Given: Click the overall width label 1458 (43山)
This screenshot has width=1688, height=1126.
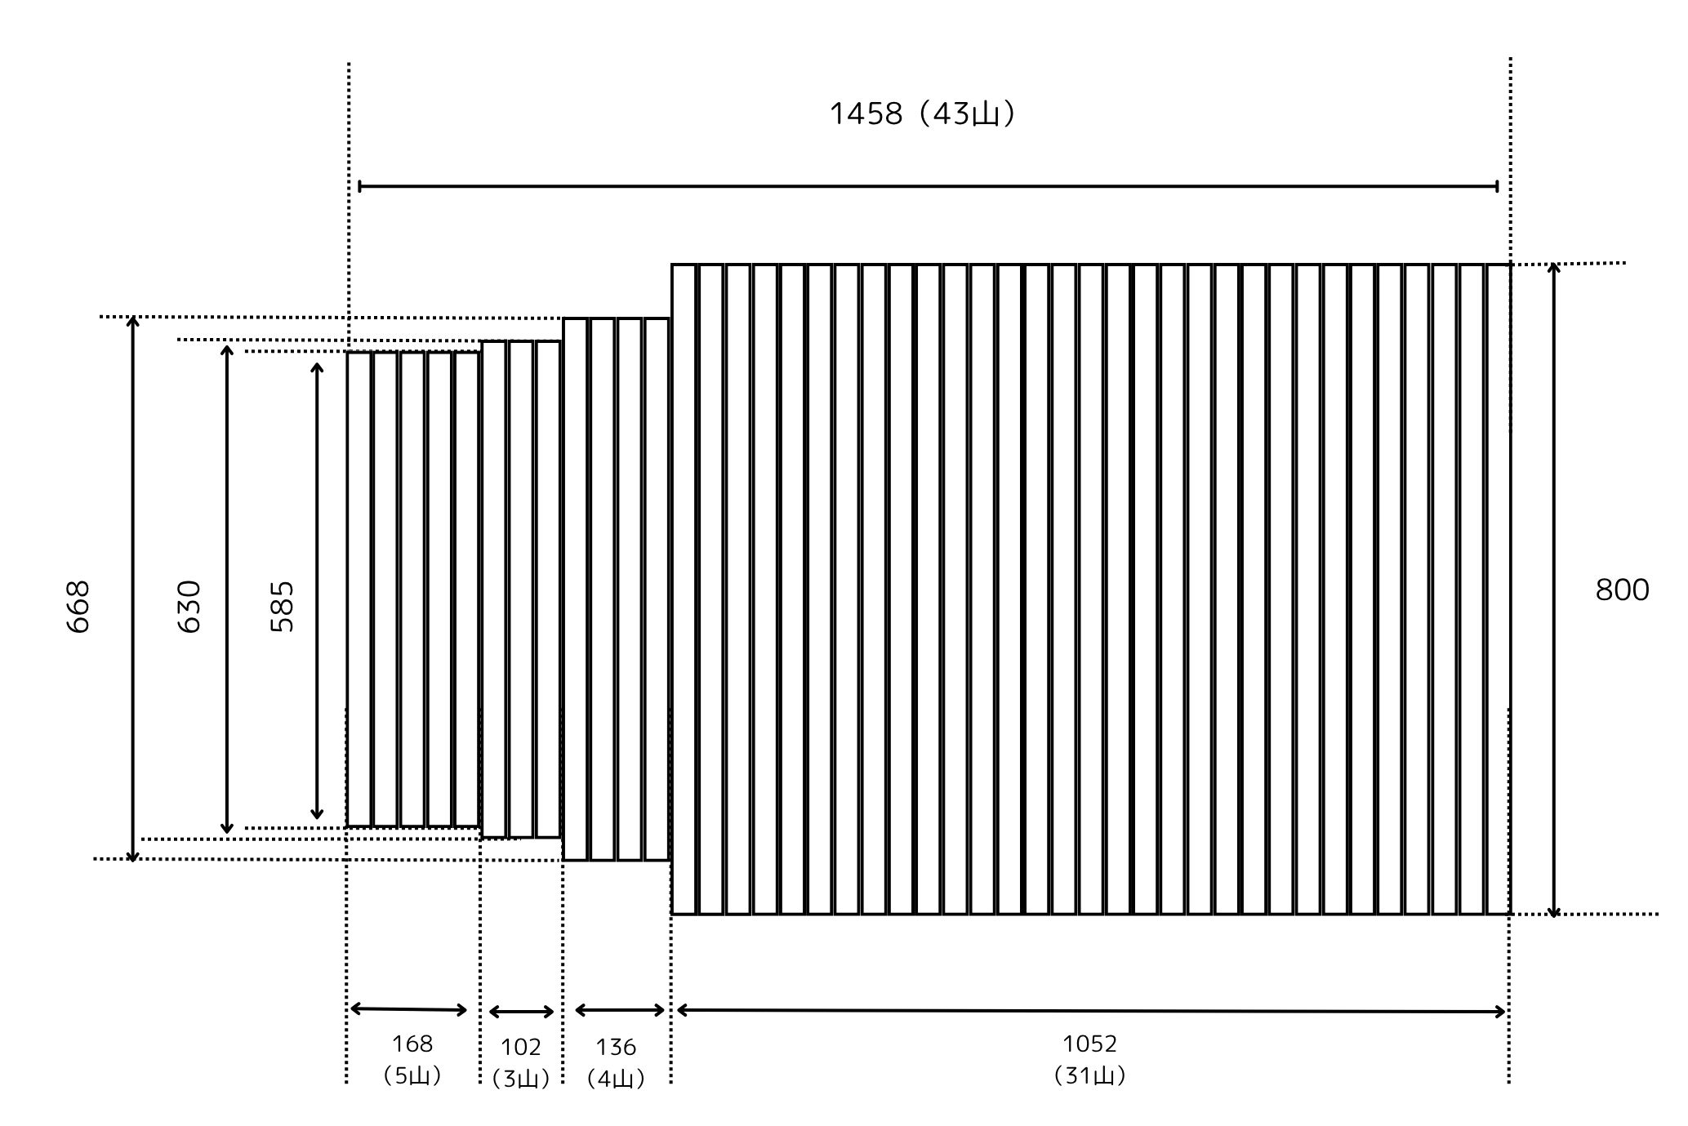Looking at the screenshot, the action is [922, 113].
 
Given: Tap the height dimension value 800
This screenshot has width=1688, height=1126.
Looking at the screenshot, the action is [1622, 590].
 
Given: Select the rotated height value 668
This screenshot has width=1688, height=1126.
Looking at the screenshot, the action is [78, 607].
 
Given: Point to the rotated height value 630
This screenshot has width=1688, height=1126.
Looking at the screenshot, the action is [189, 607].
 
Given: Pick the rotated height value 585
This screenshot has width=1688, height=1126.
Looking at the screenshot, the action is [282, 607].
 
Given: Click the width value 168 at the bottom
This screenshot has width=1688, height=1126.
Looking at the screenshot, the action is [412, 1044].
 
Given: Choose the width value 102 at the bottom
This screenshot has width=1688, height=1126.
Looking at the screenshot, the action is [521, 1047].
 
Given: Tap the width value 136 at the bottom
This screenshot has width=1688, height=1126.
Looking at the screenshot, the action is [616, 1047].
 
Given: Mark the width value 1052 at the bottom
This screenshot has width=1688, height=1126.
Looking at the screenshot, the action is [1089, 1044].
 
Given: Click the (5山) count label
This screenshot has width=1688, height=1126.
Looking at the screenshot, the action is [412, 1075].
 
